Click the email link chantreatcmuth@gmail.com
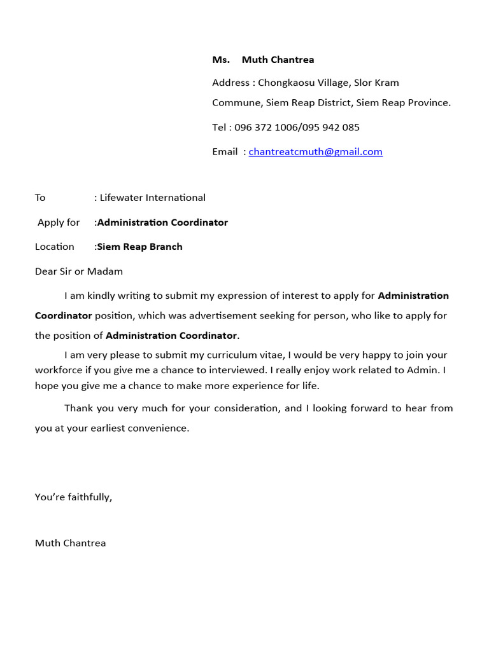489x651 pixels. click(315, 152)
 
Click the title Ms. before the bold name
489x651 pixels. click(220, 60)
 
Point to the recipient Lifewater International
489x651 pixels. click(153, 198)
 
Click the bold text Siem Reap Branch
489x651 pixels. click(139, 247)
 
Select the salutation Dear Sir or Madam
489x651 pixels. click(79, 271)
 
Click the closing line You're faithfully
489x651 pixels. click(73, 497)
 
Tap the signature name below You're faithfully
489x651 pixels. click(70, 543)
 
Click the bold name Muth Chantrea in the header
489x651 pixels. click(278, 60)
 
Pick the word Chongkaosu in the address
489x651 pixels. click(285, 83)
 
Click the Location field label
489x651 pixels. click(54, 247)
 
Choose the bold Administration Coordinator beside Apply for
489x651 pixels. click(162, 223)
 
